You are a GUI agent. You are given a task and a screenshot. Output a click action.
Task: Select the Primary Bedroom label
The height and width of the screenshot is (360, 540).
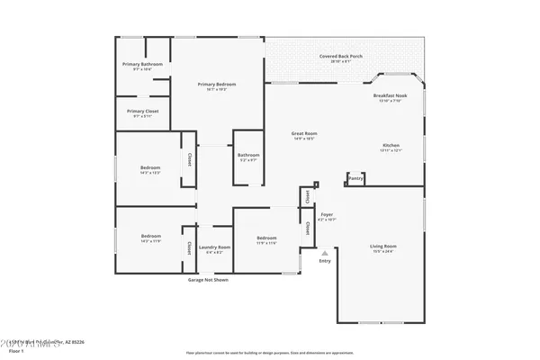(x=215, y=85)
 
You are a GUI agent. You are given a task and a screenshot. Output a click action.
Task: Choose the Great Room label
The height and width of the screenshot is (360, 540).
(x=303, y=133)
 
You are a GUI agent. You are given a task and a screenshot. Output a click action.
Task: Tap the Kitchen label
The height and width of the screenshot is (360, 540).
(x=391, y=145)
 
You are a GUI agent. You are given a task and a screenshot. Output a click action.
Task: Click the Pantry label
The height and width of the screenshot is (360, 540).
(x=355, y=178)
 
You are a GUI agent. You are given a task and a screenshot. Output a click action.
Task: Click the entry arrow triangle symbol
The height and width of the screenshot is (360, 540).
(x=325, y=253)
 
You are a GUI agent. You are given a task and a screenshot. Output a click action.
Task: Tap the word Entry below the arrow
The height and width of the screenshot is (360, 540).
(x=325, y=261)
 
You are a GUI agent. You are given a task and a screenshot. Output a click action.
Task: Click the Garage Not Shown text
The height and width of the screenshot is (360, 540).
(x=208, y=280)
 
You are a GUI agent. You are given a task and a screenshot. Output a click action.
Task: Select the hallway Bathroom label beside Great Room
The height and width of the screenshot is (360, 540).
(x=248, y=155)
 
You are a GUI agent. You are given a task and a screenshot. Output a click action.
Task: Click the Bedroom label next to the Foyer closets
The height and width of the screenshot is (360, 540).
(x=266, y=238)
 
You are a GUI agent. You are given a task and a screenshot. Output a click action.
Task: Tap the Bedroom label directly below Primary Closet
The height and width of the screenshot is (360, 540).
(x=149, y=167)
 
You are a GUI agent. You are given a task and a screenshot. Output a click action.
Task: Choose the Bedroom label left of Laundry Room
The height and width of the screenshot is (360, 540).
(x=149, y=238)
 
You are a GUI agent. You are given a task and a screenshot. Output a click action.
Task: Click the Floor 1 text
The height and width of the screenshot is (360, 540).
(x=29, y=350)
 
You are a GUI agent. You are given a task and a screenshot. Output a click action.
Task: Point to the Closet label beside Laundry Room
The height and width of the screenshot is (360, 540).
(x=189, y=247)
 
